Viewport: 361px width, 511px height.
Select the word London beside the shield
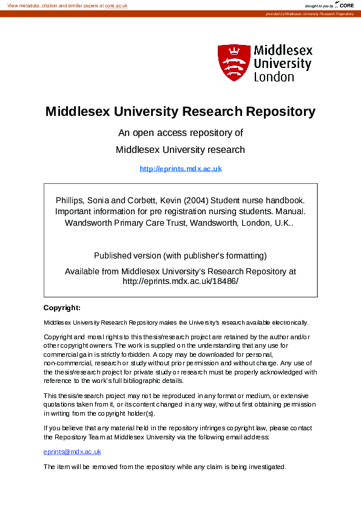tap(274, 77)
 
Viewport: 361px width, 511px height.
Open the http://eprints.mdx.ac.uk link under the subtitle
tap(181, 169)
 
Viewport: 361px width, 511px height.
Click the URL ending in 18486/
tap(181, 282)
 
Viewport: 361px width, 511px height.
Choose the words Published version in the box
tap(129, 255)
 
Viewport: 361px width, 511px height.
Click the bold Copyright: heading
tap(62, 308)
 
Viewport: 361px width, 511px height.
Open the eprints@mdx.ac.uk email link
tap(72, 452)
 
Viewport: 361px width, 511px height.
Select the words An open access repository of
tap(180, 133)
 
